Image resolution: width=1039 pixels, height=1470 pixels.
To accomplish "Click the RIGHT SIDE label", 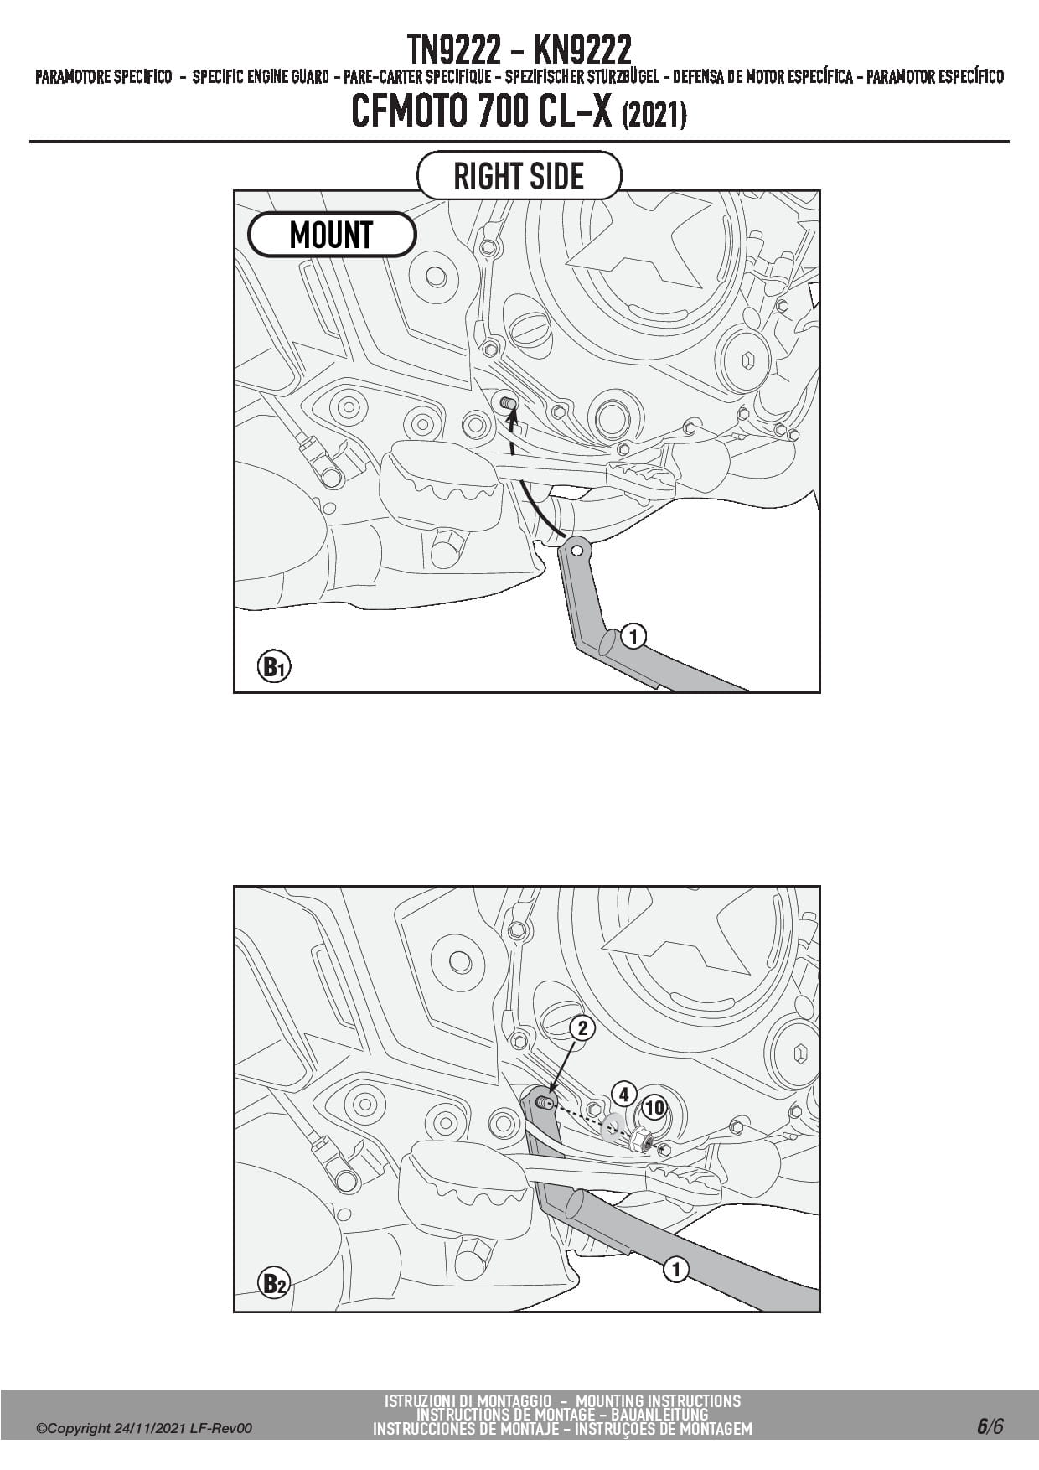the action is pyautogui.click(x=519, y=176).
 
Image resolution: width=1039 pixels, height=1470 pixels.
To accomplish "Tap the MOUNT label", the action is pyautogui.click(x=331, y=235).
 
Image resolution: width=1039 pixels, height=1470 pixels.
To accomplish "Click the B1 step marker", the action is pyautogui.click(x=273, y=667).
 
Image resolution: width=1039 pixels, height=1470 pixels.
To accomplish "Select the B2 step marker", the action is pyautogui.click(x=273, y=1283).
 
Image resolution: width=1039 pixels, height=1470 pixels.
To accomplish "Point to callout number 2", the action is pyautogui.click(x=582, y=1028).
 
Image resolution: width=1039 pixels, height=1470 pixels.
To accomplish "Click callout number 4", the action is pyautogui.click(x=623, y=1095).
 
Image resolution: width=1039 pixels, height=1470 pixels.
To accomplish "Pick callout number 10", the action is pyautogui.click(x=654, y=1108).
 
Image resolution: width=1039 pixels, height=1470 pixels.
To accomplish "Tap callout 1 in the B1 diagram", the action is pyautogui.click(x=633, y=637).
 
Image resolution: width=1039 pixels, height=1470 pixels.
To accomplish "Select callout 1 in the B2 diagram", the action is pyautogui.click(x=675, y=1270).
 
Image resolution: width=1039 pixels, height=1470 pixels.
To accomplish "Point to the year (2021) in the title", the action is pyautogui.click(x=654, y=116).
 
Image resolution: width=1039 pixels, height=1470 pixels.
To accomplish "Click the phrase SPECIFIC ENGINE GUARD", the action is pyautogui.click(x=261, y=78).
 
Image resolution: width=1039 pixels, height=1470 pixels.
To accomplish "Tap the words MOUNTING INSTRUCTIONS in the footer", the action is pyautogui.click(x=659, y=1400).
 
